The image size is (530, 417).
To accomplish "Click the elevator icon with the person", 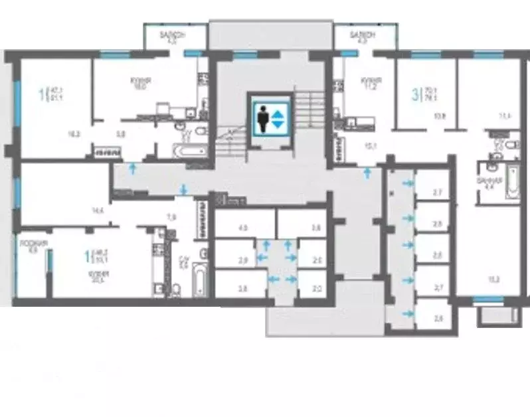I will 270,120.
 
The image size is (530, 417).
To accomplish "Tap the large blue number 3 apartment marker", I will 416,94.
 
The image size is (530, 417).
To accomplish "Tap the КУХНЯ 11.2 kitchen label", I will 369,83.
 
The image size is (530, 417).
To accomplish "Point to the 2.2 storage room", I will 316,290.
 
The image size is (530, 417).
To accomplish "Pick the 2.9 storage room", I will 243,260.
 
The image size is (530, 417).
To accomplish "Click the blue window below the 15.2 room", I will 488,300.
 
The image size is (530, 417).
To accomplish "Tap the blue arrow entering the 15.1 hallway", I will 367,173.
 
